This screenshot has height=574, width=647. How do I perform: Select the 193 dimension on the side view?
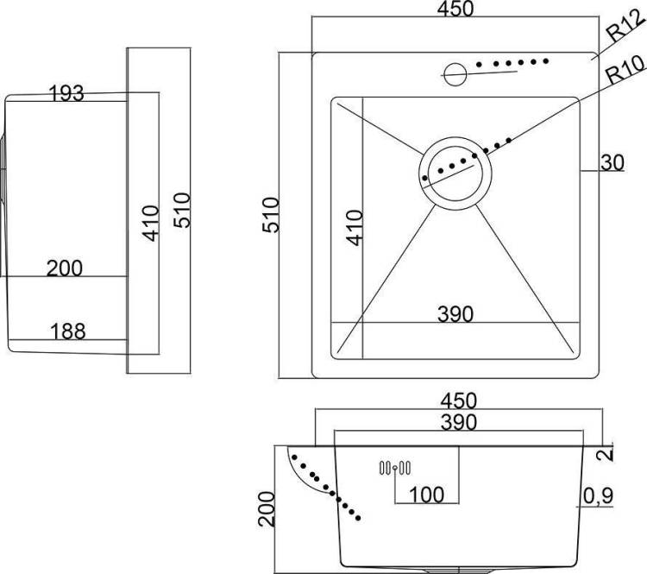click(66, 93)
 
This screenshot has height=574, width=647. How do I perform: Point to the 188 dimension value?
click(67, 331)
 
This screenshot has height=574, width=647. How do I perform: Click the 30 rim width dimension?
click(612, 162)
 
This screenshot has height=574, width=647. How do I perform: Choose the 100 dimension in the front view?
click(426, 495)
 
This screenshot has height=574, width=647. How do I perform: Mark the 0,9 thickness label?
click(599, 496)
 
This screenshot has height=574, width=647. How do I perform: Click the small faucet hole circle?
click(455, 74)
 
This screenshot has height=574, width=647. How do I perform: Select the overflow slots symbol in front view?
click(395, 468)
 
